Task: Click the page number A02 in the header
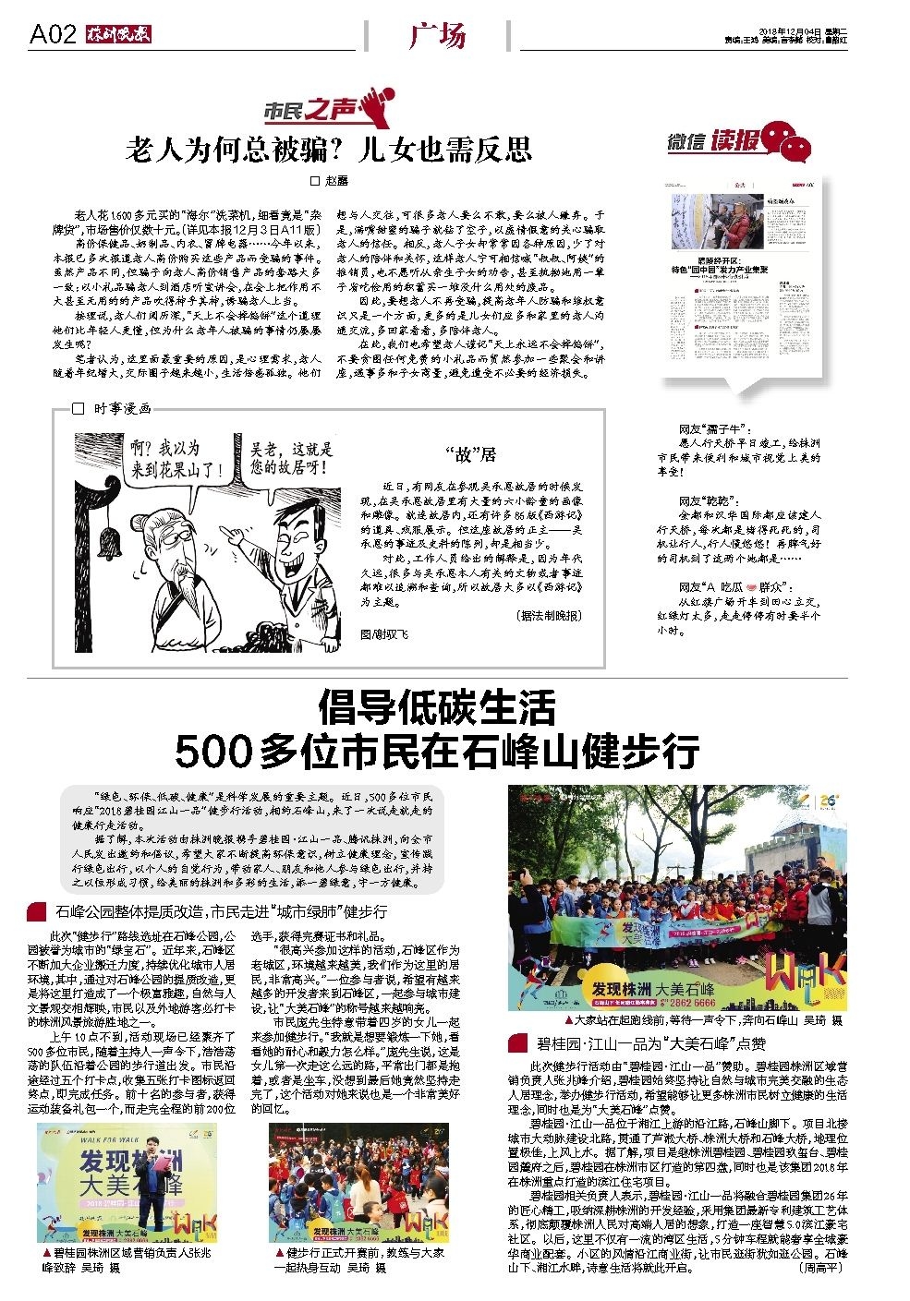[x=53, y=35]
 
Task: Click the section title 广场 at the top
[x=436, y=36]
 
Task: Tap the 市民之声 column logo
[x=330, y=106]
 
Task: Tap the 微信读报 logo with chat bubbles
[x=739, y=142]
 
